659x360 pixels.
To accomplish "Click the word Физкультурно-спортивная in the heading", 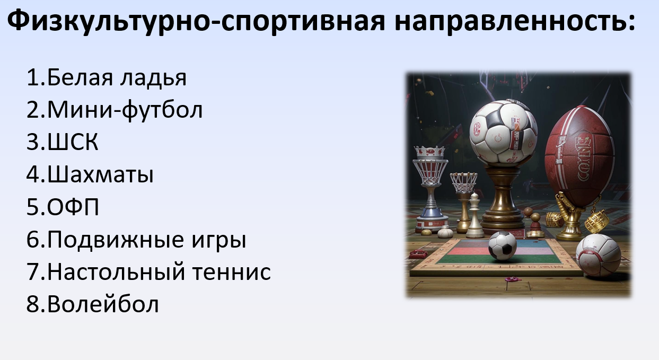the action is pos(196,21).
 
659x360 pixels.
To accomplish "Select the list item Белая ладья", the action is pos(107,78).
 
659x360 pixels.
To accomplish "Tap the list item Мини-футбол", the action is pos(115,110).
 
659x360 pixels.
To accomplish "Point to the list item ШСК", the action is pos(62,142).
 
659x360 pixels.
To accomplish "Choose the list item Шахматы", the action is pos(90,174).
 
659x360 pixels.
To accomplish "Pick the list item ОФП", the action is pos(63,207).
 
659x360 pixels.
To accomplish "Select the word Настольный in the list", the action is pos(116,272).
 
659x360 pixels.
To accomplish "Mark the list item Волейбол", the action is pos(92,304).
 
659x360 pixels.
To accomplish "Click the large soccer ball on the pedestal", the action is pos(503,133).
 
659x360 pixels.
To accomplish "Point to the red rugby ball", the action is pos(579,156).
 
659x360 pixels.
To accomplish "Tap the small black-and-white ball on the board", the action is pos(503,246).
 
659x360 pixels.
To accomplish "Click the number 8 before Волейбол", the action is pos(33,304).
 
